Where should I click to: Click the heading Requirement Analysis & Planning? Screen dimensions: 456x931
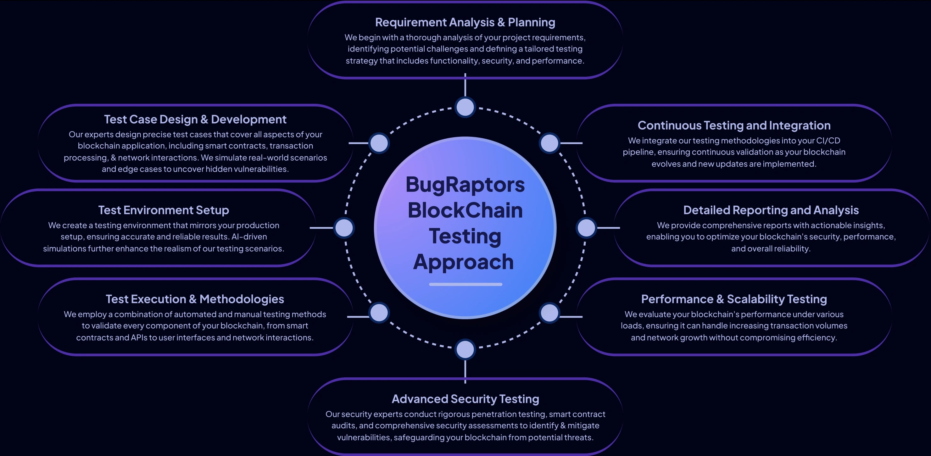465,22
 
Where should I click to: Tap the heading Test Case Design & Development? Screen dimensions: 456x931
195,119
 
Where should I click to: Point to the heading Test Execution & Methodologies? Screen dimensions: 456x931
195,299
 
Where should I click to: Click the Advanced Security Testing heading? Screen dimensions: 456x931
465,399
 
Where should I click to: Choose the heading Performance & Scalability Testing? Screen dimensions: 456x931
734,299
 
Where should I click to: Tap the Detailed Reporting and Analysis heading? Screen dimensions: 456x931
771,210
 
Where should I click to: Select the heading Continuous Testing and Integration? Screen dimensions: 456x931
734,125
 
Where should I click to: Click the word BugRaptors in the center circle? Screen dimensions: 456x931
465,185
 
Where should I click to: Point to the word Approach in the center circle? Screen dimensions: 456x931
463,262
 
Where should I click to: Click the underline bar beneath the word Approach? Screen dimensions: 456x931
465,284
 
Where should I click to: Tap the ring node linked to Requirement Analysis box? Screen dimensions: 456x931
465,107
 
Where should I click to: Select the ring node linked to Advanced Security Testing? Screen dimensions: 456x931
465,349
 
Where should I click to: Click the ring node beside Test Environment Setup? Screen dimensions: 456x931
344,228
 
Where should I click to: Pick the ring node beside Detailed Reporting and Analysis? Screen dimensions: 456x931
586,228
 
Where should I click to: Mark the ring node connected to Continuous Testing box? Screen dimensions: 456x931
549,143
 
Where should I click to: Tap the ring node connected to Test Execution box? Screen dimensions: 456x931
379,313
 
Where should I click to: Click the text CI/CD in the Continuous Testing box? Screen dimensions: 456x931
828,141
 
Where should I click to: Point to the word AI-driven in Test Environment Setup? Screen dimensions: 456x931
249,237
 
